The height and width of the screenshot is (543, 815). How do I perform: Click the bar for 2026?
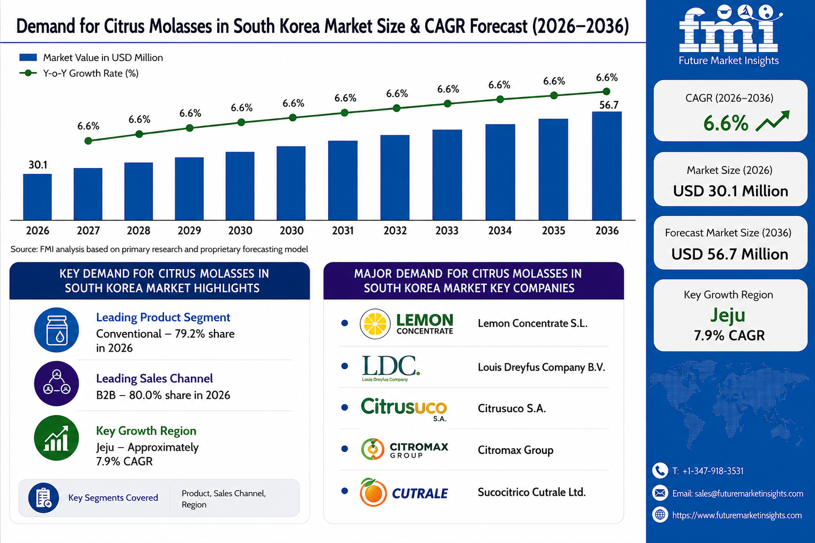click(38, 197)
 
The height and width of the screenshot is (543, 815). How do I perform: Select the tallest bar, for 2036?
click(606, 166)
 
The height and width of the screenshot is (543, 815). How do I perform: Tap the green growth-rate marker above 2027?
click(88, 141)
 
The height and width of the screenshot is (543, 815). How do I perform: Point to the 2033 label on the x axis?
click(447, 231)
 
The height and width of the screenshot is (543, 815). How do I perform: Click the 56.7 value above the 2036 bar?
click(608, 105)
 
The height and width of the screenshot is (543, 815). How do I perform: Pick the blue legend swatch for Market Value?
click(28, 57)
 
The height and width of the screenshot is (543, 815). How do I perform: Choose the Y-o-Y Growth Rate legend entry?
click(79, 73)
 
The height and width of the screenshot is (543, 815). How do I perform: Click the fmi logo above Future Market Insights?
click(729, 29)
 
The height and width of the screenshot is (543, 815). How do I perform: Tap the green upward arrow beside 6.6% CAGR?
click(773, 121)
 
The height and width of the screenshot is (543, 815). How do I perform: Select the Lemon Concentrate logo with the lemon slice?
click(406, 323)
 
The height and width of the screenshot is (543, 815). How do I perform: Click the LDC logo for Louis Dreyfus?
click(391, 368)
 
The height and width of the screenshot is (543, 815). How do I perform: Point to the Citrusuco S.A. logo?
click(404, 408)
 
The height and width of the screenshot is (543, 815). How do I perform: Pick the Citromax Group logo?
click(405, 449)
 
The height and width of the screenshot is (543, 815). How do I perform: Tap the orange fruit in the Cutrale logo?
click(373, 493)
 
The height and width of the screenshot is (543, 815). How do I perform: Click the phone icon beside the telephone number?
click(659, 471)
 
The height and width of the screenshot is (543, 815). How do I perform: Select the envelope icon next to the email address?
click(659, 493)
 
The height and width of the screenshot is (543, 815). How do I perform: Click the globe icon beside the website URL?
click(659, 515)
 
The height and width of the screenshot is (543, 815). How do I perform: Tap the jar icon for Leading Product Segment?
click(56, 330)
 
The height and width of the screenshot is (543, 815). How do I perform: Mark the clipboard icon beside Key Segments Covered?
click(44, 497)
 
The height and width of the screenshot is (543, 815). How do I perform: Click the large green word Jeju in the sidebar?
click(728, 316)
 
